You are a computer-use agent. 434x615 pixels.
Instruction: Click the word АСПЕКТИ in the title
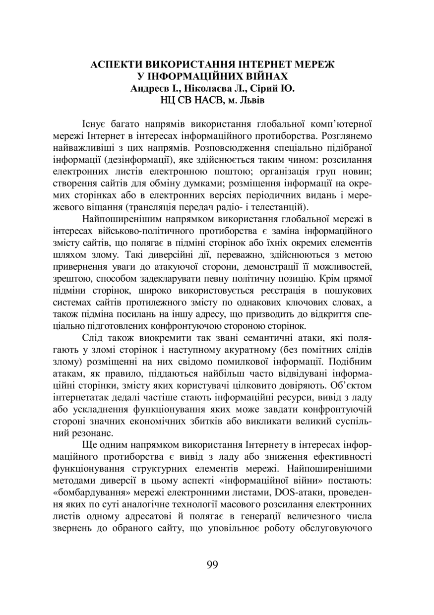point(116,64)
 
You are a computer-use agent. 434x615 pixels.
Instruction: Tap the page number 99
point(212,564)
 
